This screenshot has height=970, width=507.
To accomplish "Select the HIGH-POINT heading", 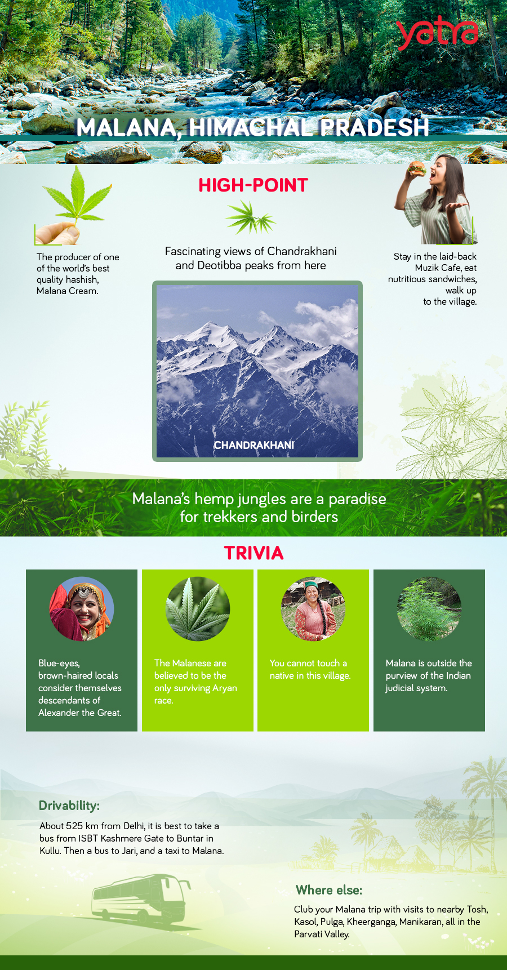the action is (x=253, y=185).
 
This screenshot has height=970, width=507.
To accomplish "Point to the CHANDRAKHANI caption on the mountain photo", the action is (x=254, y=445).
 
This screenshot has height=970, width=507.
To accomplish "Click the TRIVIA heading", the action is (x=253, y=553).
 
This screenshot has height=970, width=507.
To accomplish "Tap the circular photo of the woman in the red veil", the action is (x=82, y=609).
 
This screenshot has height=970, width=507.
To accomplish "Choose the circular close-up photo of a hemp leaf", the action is (x=198, y=609).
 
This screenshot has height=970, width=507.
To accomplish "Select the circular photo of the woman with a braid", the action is (x=313, y=609).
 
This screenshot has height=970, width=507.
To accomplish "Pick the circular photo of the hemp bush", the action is (x=429, y=609).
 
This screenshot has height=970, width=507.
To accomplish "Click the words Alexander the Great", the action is (x=79, y=713).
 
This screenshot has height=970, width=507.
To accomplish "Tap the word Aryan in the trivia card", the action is (x=224, y=688).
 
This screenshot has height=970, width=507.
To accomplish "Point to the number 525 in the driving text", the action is (x=74, y=826).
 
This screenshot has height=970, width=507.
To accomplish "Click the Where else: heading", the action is (x=329, y=890).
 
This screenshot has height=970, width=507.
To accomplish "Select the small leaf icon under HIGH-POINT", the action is (x=251, y=218).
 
